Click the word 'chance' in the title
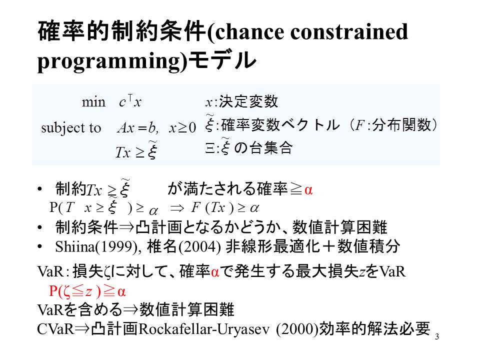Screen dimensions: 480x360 (249, 31)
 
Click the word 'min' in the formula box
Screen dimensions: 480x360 (93, 102)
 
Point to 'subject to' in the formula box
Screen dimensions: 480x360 (71, 128)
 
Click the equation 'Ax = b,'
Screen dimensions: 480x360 (138, 127)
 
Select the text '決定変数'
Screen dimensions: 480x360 (248, 101)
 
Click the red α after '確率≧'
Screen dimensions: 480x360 (308, 190)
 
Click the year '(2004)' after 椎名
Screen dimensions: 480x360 (199, 246)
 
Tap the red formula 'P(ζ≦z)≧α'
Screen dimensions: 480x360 (87, 291)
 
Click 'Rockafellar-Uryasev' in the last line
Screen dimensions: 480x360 (204, 329)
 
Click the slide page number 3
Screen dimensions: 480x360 (437, 336)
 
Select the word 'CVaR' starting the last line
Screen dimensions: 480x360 (55, 329)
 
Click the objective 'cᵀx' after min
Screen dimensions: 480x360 (130, 101)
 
